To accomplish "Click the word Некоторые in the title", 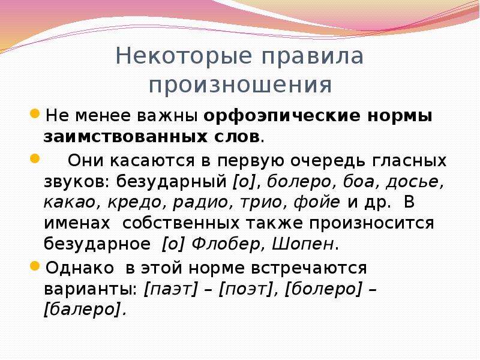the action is [184, 56].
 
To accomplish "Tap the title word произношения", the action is [241, 85].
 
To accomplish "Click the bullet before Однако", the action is [35, 266].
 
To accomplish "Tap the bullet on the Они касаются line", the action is [35, 158].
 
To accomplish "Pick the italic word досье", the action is [412, 182].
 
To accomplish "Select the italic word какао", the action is [69, 202].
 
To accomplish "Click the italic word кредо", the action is [134, 202].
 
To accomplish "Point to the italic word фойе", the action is [317, 202].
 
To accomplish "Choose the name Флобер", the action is [226, 244].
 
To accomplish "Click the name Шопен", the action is [303, 244].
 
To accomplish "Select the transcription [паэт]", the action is [171, 289].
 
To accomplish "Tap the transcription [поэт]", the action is [247, 289].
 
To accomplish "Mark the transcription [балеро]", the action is [83, 310].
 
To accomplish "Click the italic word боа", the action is [358, 182].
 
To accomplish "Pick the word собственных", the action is [181, 223].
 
